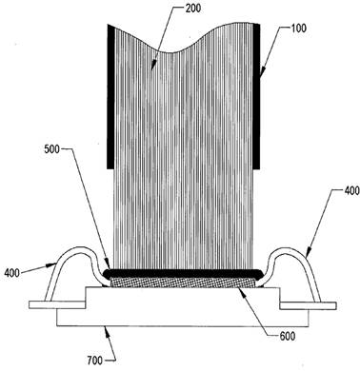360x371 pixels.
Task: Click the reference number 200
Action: tap(192, 9)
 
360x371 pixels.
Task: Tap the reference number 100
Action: tap(298, 28)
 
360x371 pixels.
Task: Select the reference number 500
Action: tap(51, 149)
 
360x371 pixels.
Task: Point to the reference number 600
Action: tap(287, 336)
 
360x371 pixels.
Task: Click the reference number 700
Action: tap(95, 361)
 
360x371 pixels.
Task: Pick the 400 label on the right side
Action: tap(351, 191)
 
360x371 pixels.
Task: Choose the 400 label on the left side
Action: tap(12, 273)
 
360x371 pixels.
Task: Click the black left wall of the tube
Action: tap(110, 96)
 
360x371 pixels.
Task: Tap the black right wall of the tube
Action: tap(256, 96)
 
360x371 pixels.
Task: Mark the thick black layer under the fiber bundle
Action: tap(184, 273)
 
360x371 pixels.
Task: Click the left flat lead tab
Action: tap(57, 304)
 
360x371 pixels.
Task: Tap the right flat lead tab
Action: tap(308, 305)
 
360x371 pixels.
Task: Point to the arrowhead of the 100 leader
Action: tap(261, 73)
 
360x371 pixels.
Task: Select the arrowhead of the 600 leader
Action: tap(242, 290)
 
